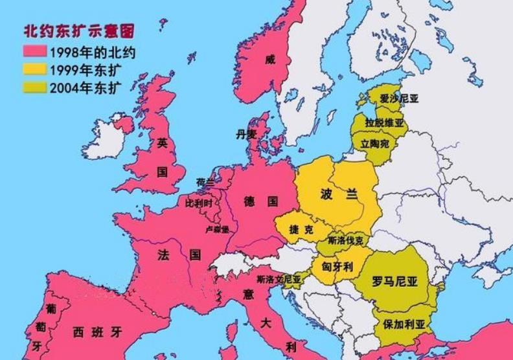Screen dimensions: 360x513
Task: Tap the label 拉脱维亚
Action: click(384, 122)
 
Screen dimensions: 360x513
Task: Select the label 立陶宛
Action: click(376, 143)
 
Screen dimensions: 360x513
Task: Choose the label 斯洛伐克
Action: click(346, 240)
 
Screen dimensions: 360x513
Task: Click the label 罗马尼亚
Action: click(395, 282)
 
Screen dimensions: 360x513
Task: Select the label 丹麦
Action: click(247, 134)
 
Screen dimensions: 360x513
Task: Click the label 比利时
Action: click(199, 203)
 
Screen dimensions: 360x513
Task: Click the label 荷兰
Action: click(205, 183)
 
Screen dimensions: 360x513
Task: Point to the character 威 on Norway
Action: click(270, 60)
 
